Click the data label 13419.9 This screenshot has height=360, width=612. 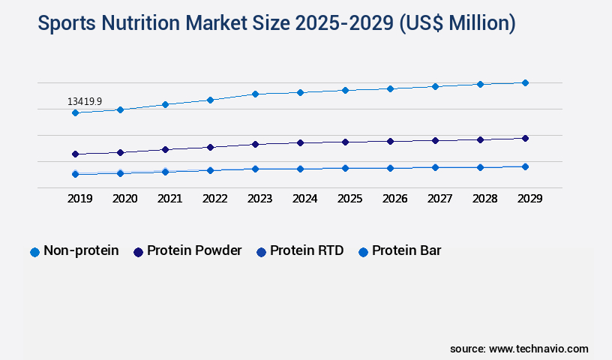click(x=84, y=101)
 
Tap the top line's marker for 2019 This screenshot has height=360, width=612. click(x=75, y=112)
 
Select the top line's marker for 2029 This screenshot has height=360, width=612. click(x=525, y=82)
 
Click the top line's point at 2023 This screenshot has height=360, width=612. click(x=255, y=94)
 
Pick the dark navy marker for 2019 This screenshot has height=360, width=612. click(x=75, y=154)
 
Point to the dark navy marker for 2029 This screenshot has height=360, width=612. click(x=525, y=138)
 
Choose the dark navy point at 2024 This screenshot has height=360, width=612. click(x=300, y=142)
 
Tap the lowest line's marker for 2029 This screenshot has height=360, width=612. click(x=525, y=166)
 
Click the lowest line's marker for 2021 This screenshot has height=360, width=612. click(x=165, y=172)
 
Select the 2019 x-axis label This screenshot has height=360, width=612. click(x=79, y=199)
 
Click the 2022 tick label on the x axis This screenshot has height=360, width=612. click(x=214, y=199)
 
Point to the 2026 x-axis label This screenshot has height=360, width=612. click(x=394, y=199)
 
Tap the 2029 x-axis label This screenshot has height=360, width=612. click(x=529, y=199)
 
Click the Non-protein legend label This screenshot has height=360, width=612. click(x=81, y=250)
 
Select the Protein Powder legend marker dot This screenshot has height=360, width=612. click(x=138, y=252)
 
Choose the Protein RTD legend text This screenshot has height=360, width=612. click(x=307, y=250)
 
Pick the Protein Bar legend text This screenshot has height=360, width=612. click(x=406, y=250)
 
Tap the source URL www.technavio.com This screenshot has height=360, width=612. click(x=538, y=349)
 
